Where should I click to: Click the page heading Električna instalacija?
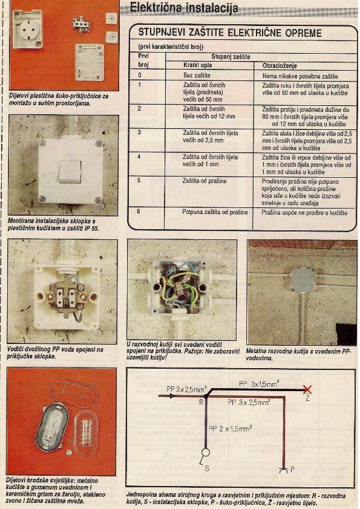(x=184, y=8)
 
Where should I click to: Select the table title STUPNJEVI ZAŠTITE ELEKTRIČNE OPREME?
(x=230, y=33)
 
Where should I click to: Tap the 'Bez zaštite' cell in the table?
(x=197, y=76)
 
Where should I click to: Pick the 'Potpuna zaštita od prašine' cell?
(x=215, y=212)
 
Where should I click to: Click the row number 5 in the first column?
(x=139, y=181)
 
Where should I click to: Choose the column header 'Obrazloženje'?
(x=280, y=66)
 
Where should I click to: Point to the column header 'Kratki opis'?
(x=197, y=65)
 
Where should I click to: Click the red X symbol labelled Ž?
(x=307, y=389)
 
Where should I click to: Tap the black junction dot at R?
(x=206, y=397)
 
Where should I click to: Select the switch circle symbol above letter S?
(x=206, y=452)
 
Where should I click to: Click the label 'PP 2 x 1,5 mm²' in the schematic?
(x=231, y=429)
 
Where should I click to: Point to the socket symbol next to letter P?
(x=284, y=469)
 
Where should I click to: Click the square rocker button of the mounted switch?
(x=70, y=172)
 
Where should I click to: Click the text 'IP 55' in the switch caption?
(x=91, y=229)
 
